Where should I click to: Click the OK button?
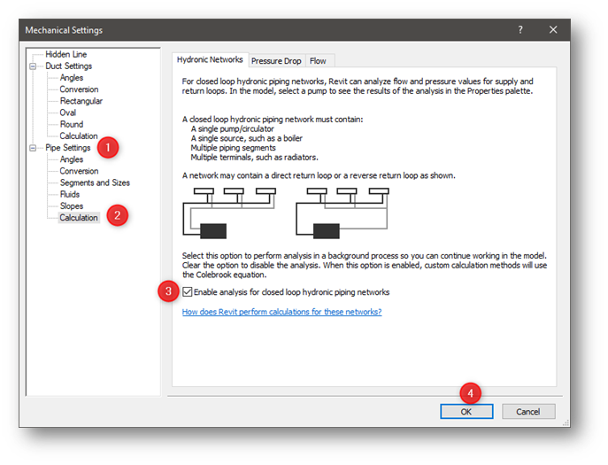tap(466, 411)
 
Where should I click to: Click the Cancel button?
tap(528, 411)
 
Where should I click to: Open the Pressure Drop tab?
tap(276, 60)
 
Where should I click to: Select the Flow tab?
tap(318, 60)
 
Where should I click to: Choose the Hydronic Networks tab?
tap(210, 59)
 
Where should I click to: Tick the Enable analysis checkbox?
tap(188, 291)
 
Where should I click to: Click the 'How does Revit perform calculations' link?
tap(281, 312)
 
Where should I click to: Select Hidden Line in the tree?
tap(66, 54)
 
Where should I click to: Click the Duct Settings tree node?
tap(69, 66)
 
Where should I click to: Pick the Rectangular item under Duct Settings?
tap(81, 101)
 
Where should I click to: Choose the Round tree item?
tap(72, 124)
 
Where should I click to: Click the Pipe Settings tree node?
tap(68, 148)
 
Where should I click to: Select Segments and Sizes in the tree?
tap(95, 182)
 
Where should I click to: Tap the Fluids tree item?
tap(70, 194)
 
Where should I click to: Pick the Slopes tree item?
tap(72, 205)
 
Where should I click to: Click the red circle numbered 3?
tap(171, 291)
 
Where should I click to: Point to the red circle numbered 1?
tap(108, 147)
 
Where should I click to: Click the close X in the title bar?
tap(553, 29)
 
